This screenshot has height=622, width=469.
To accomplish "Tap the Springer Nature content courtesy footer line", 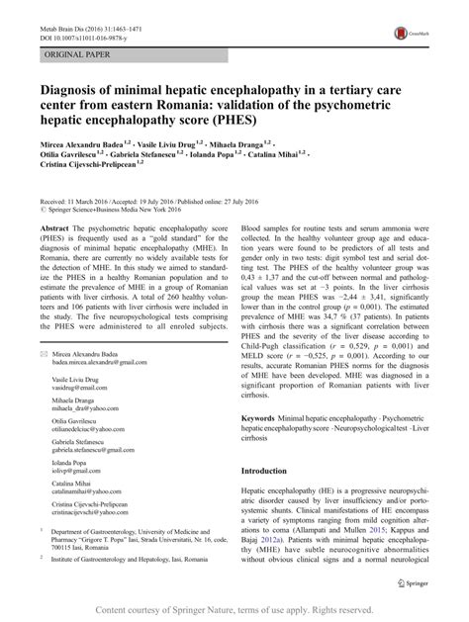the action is [x=234, y=609].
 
